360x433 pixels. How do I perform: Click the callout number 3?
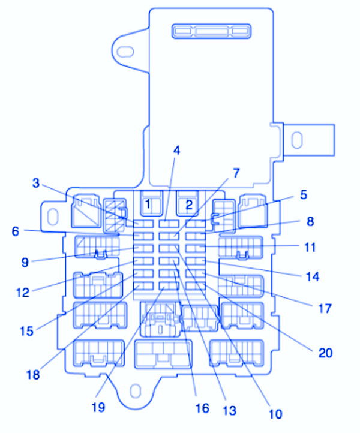click(36, 183)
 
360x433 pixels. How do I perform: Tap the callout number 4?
click(176, 151)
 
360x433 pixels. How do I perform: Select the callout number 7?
click(236, 173)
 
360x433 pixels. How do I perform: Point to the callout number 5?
click(304, 194)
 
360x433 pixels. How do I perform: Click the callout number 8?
click(310, 221)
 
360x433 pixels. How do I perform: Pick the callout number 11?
click(310, 246)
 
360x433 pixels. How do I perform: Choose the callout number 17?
click(325, 309)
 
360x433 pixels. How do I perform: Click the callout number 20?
click(325, 353)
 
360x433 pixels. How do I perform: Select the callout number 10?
click(275, 413)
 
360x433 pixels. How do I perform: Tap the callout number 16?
click(202, 408)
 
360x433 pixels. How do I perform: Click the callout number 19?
click(98, 407)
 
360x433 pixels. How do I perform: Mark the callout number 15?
click(26, 330)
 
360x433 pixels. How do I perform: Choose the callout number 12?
click(22, 293)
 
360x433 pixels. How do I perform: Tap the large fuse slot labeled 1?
click(148, 205)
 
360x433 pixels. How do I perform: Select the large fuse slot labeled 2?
click(189, 205)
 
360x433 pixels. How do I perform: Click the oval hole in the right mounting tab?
click(296, 140)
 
